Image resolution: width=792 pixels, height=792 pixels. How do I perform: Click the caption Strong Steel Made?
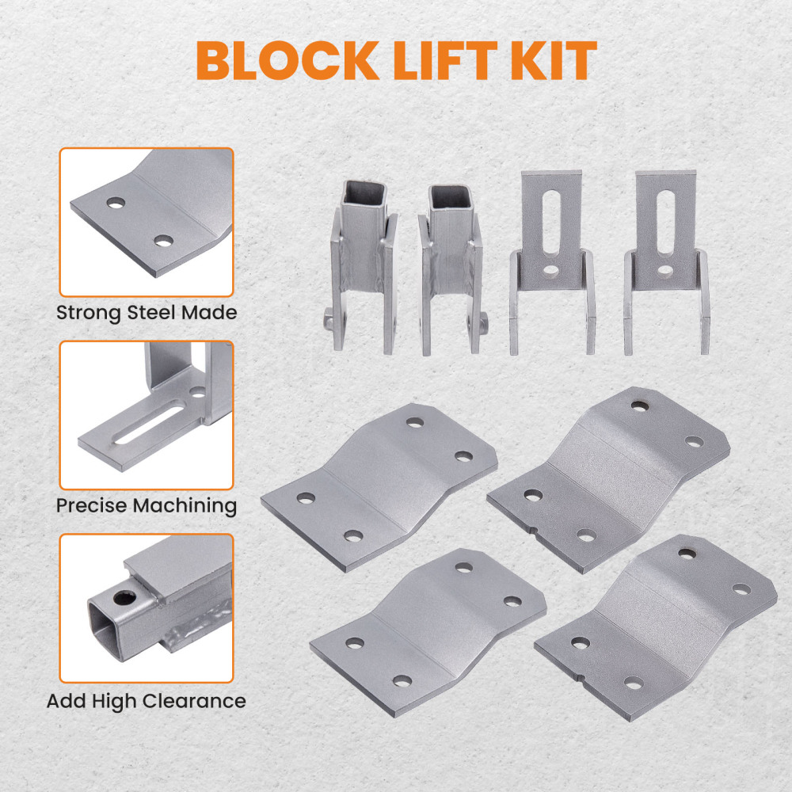tap(147, 313)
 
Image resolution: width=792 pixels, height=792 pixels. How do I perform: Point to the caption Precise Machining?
tap(147, 505)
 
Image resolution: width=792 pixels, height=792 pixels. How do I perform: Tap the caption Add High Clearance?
tap(147, 701)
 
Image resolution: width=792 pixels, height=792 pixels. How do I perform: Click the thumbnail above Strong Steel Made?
tap(147, 222)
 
